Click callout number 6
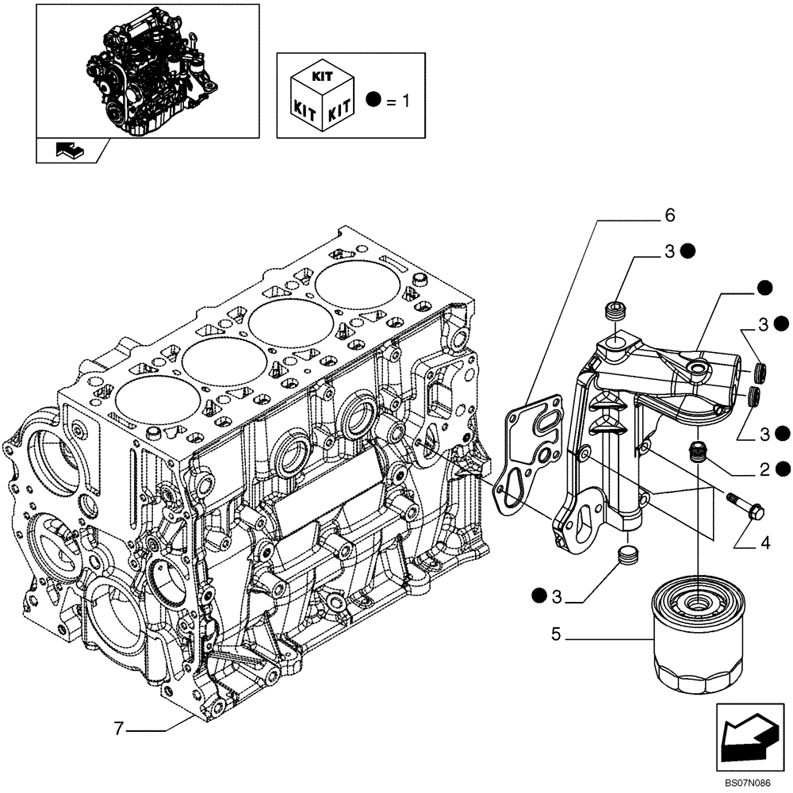pos(669,215)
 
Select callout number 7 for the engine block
pos(119,729)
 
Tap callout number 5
pos(557,634)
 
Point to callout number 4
pos(764,543)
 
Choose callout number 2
pos(764,469)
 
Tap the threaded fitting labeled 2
pos(697,450)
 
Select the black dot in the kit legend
pos(374,100)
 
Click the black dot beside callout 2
pos(783,469)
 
